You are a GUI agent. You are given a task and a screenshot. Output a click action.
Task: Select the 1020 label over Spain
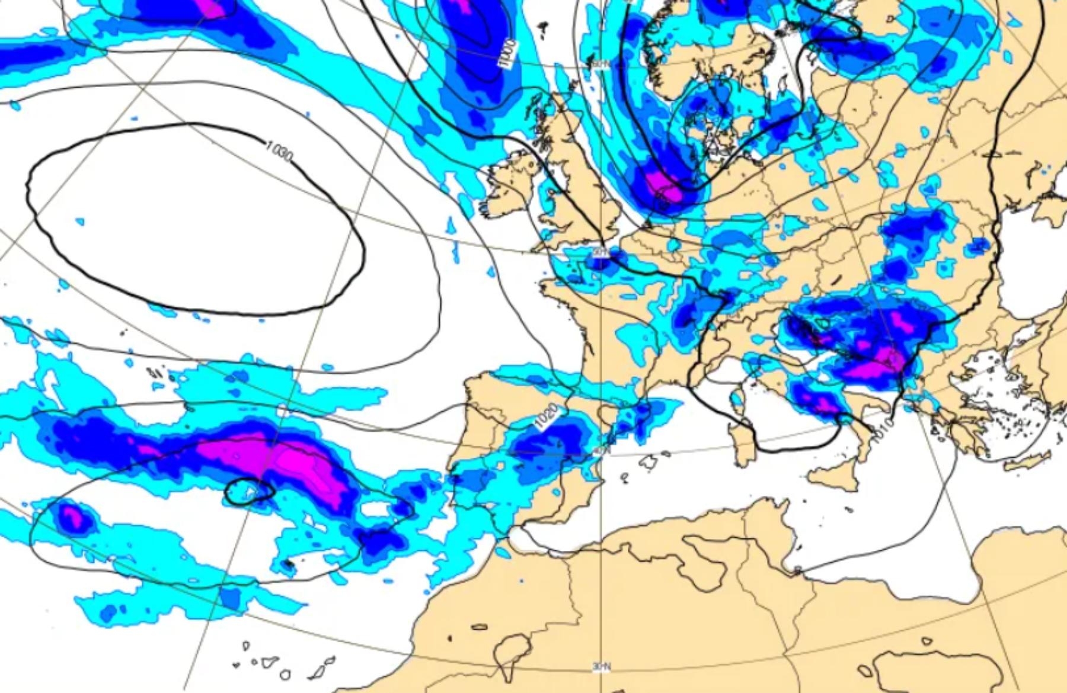546,415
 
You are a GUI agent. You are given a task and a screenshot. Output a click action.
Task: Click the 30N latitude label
601,667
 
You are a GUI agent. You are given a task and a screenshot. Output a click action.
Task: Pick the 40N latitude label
601,451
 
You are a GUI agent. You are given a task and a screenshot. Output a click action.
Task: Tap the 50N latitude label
600,253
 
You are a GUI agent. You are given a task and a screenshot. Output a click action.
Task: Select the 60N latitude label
599,64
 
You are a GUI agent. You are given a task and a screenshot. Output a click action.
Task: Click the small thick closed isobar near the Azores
250,492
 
